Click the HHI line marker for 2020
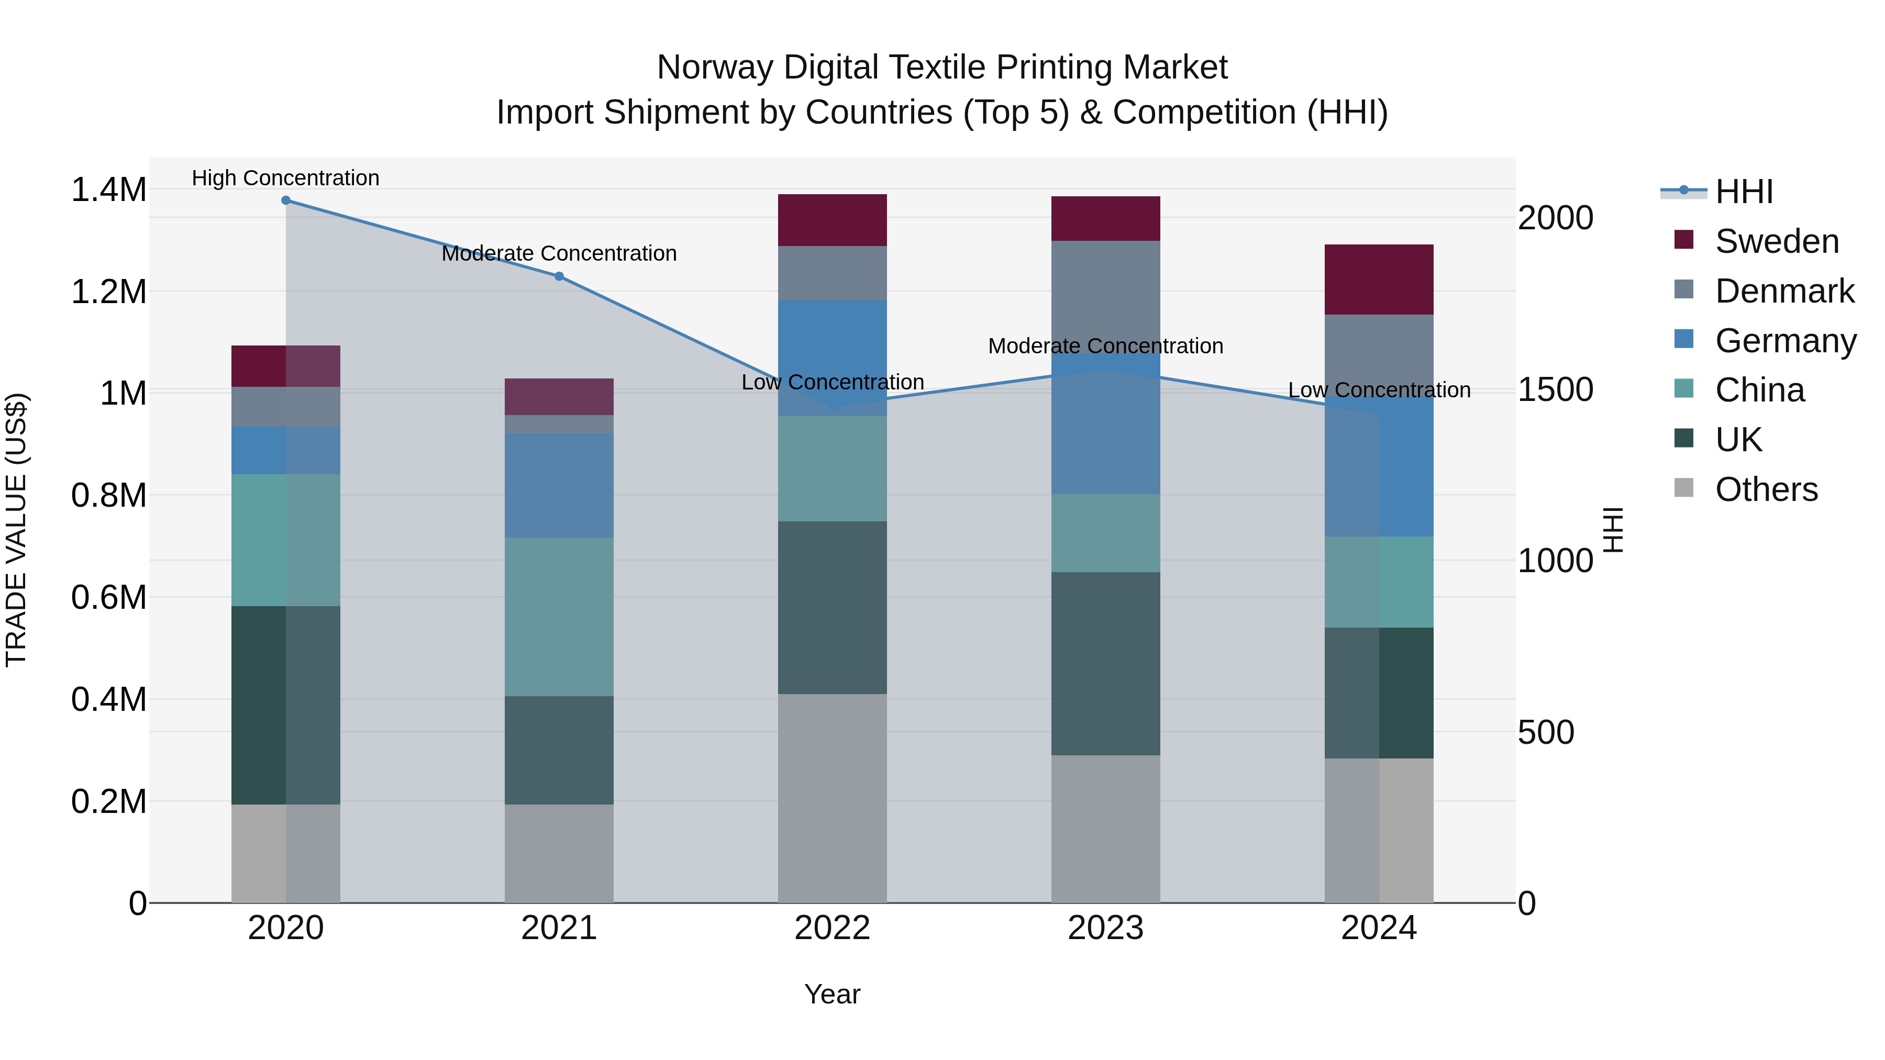click(285, 200)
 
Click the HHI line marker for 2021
click(559, 276)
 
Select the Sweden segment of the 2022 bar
click(832, 220)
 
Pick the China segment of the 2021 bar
click(559, 617)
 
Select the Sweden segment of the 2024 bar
click(1379, 280)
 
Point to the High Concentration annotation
click(285, 178)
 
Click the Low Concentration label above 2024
click(1379, 390)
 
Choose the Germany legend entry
click(1785, 341)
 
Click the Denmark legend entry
click(1784, 291)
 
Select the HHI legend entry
click(1744, 192)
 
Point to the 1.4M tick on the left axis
click(108, 190)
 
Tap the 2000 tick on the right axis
click(1555, 218)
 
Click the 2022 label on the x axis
click(832, 928)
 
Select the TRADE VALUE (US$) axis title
click(16, 530)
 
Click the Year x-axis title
click(832, 994)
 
